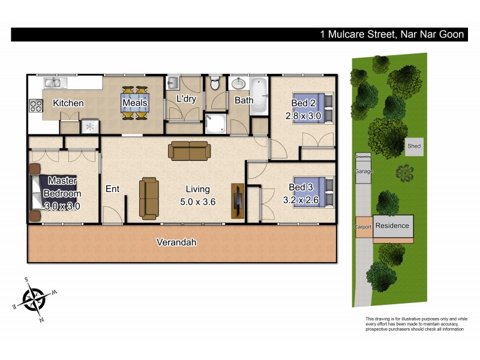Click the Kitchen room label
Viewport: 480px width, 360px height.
(68, 103)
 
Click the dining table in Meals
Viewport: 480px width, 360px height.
(134, 103)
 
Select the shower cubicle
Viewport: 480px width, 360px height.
(215, 123)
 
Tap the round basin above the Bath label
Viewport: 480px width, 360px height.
(240, 83)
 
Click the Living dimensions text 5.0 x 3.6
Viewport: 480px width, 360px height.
(198, 202)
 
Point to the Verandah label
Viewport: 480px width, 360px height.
(176, 242)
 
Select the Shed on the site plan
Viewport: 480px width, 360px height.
(413, 146)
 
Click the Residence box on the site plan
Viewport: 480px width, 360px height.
(393, 226)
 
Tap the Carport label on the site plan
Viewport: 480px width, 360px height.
(364, 227)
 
